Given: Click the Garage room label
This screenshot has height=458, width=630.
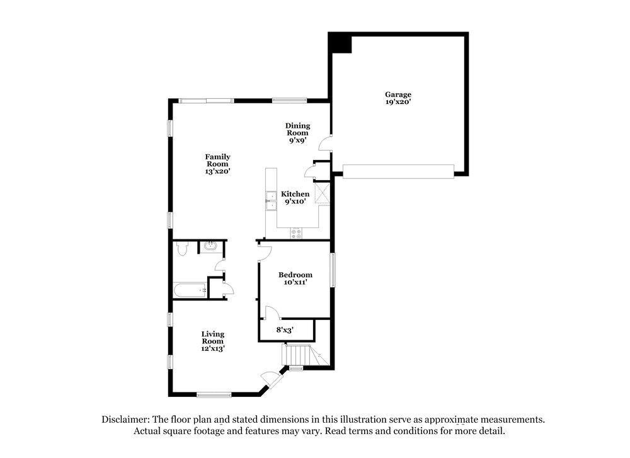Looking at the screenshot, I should (398, 94).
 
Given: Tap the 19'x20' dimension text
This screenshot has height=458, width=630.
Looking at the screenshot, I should (398, 102).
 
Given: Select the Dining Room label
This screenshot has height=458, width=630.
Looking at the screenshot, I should (297, 129).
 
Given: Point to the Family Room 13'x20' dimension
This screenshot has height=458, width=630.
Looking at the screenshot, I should (217, 171).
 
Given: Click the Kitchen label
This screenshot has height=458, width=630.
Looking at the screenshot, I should (295, 194).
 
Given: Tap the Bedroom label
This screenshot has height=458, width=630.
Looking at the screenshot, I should (295, 275).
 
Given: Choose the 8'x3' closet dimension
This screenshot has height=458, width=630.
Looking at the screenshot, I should (285, 329).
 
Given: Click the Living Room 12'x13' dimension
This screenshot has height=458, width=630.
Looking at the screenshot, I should (213, 348).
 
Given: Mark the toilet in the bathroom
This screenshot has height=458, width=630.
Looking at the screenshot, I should (182, 249).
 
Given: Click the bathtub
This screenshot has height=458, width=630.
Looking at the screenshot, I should (190, 290).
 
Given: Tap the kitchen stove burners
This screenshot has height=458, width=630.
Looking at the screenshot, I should (296, 234).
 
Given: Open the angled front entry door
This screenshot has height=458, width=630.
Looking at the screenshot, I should (270, 378).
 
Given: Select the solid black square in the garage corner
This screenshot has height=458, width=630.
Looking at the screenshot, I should (341, 43).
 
